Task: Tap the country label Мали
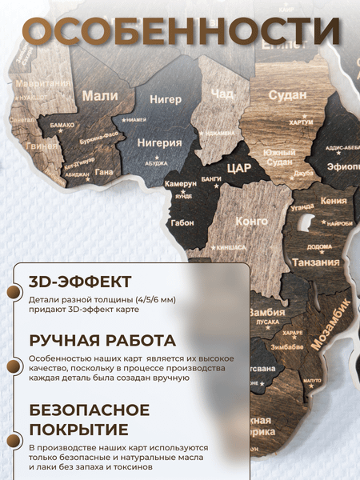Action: (x=100, y=96)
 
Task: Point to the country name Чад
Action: (x=222, y=95)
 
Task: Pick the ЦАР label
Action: (x=238, y=168)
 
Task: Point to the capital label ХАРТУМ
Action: (x=300, y=123)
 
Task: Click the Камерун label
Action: (x=181, y=184)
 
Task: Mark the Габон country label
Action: (x=182, y=223)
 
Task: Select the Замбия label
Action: (x=266, y=312)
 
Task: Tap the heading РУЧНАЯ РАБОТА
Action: (x=102, y=340)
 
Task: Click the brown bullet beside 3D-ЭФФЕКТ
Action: (x=14, y=293)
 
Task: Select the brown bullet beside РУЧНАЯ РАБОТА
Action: (x=14, y=366)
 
